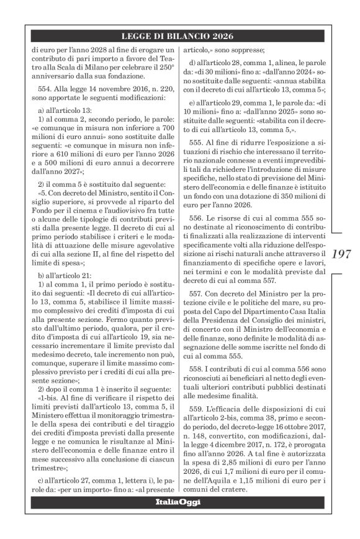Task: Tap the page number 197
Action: [x=342, y=253]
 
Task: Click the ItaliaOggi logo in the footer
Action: [x=179, y=519]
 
